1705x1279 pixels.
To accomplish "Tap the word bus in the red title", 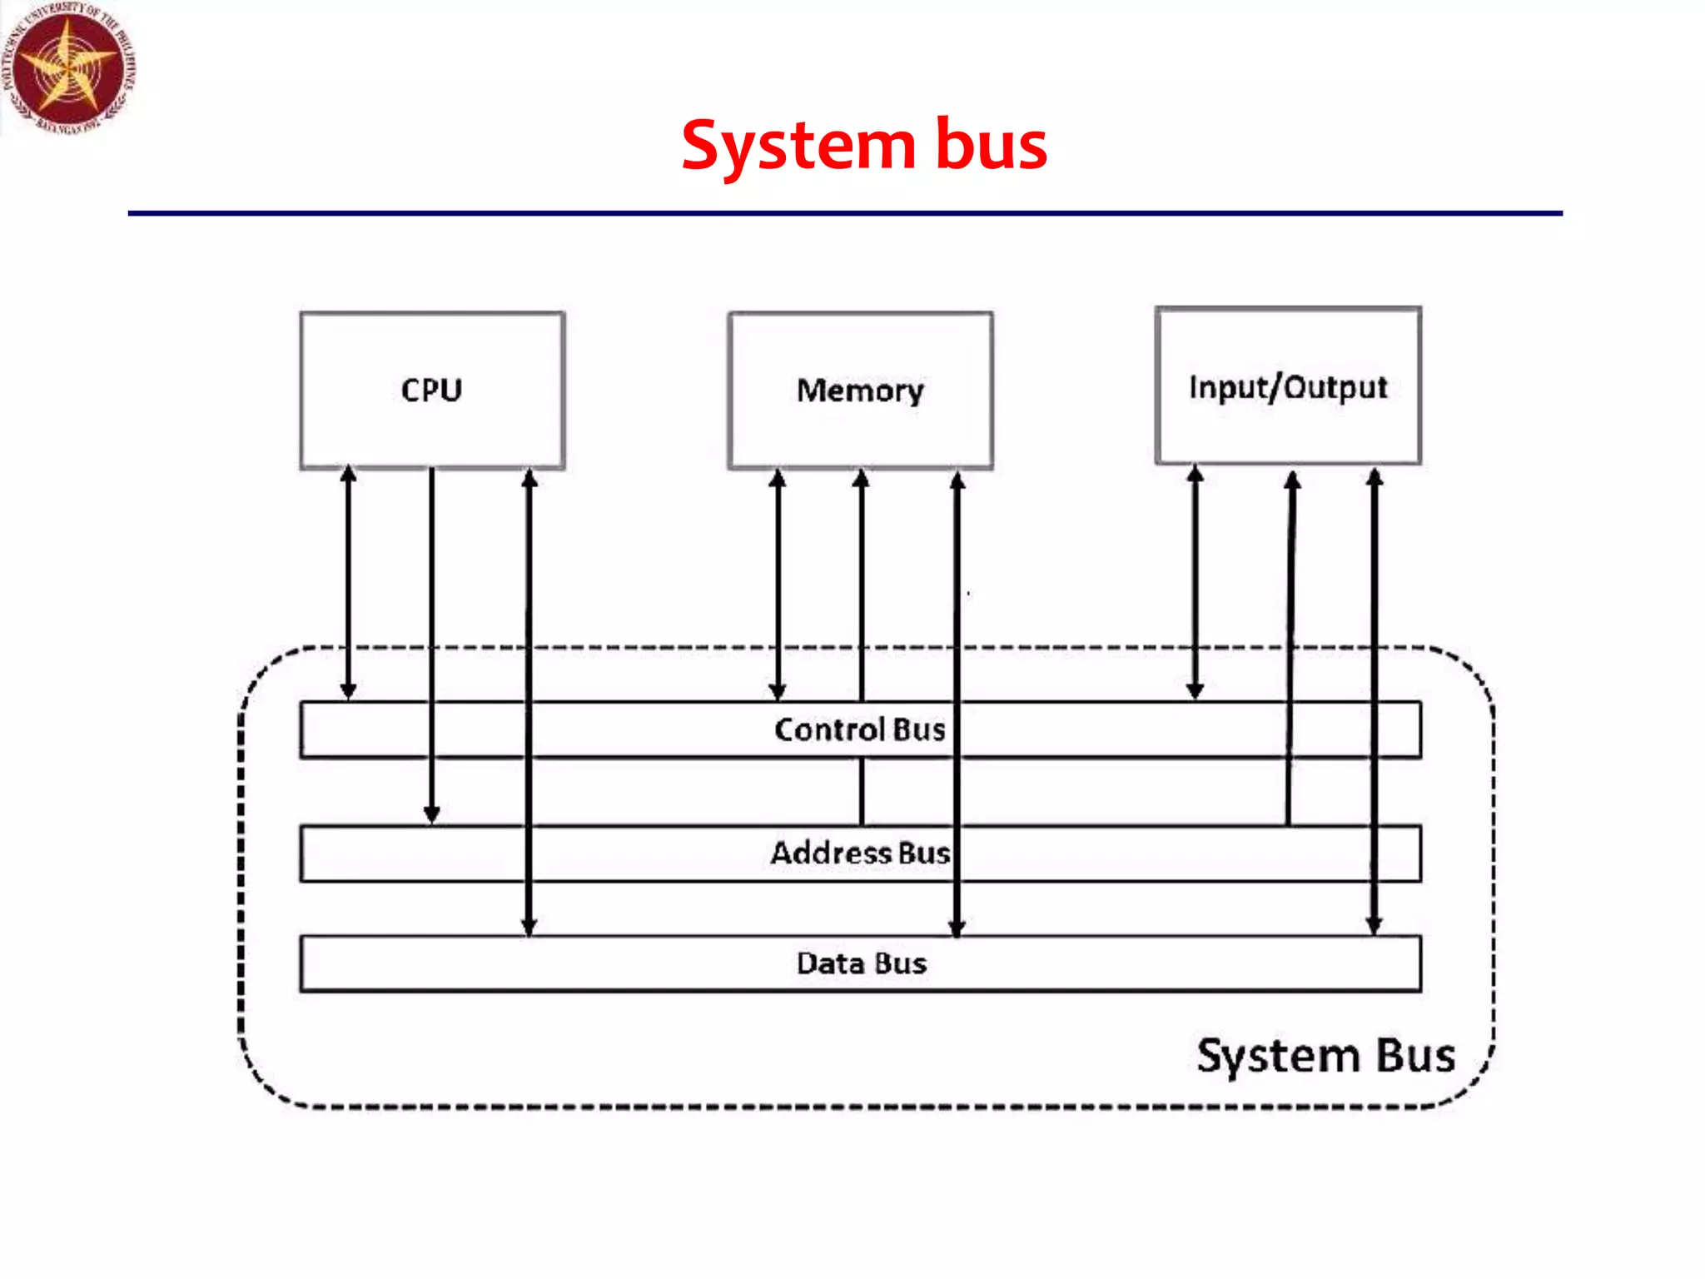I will tap(991, 145).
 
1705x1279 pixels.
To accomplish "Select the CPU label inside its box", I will tap(431, 390).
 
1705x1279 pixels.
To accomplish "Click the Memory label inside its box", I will tap(860, 391).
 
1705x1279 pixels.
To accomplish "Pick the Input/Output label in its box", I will tap(1287, 387).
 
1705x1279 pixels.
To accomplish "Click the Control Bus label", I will tap(860, 729).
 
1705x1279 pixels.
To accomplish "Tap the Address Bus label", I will tap(860, 853).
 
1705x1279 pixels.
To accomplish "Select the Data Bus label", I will tap(861, 963).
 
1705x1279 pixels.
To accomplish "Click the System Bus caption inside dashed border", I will tap(1325, 1056).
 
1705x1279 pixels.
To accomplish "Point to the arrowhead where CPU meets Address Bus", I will tap(431, 814).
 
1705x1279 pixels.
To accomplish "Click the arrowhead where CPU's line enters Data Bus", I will tap(529, 927).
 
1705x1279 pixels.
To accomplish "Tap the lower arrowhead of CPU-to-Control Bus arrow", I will tap(349, 690).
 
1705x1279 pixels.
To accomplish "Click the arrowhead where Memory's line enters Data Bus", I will tap(957, 928).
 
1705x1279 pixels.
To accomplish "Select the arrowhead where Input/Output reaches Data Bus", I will tap(1374, 926).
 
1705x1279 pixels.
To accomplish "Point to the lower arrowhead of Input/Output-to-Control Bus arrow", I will tap(1195, 690).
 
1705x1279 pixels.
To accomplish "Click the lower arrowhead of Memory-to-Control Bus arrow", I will tap(778, 691).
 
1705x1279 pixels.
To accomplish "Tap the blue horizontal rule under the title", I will tap(844, 213).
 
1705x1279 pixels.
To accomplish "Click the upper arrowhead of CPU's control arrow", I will tap(349, 475).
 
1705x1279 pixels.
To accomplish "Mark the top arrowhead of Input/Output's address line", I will tap(1292, 481).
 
